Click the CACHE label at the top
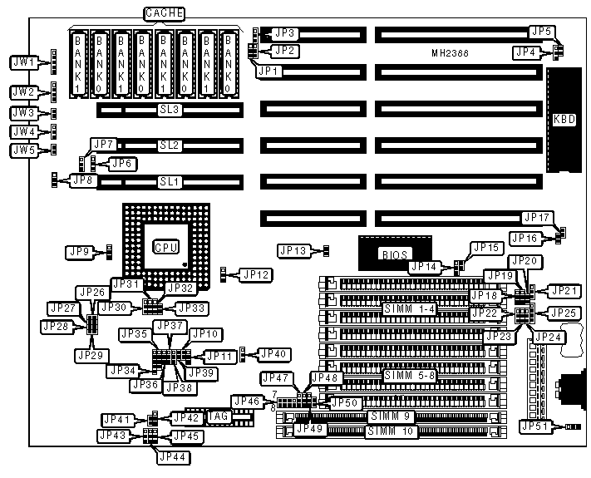pos(165,13)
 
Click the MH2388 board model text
pos(451,52)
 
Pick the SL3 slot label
pos(170,110)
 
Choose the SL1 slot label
pos(170,180)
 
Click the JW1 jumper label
pos(23,62)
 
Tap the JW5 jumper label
pos(23,150)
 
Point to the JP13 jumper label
pos(293,250)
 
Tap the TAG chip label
pos(217,416)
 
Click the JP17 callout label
pos(537,218)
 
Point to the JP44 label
pos(172,456)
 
